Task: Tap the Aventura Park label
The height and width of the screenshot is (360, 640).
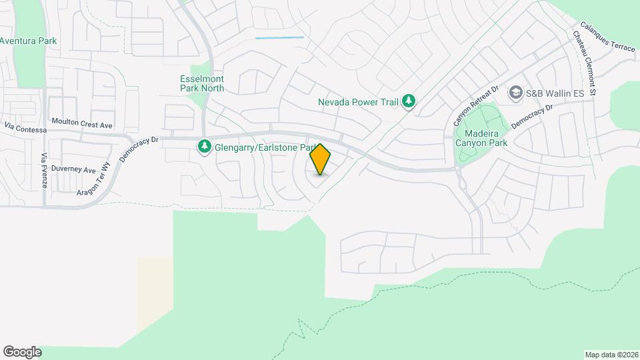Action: (x=28, y=41)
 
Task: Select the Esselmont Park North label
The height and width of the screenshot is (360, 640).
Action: (x=202, y=83)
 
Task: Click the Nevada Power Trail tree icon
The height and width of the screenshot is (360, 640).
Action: (x=409, y=102)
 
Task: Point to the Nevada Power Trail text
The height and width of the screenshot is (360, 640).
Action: (x=357, y=102)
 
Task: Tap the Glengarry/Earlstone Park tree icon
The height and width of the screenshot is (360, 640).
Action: (x=204, y=147)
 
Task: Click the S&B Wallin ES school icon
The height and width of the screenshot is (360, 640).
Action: (x=515, y=93)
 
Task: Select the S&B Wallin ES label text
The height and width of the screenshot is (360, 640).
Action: (x=555, y=93)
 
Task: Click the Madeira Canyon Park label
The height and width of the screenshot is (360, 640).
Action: (x=481, y=137)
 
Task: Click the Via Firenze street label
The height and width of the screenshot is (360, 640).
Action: (x=44, y=170)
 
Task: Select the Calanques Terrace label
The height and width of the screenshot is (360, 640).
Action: (x=607, y=38)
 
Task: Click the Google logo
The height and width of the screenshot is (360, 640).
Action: (x=22, y=352)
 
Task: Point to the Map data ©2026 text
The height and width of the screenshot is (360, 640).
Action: (x=611, y=355)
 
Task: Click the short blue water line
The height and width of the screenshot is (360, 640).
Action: (x=279, y=37)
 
